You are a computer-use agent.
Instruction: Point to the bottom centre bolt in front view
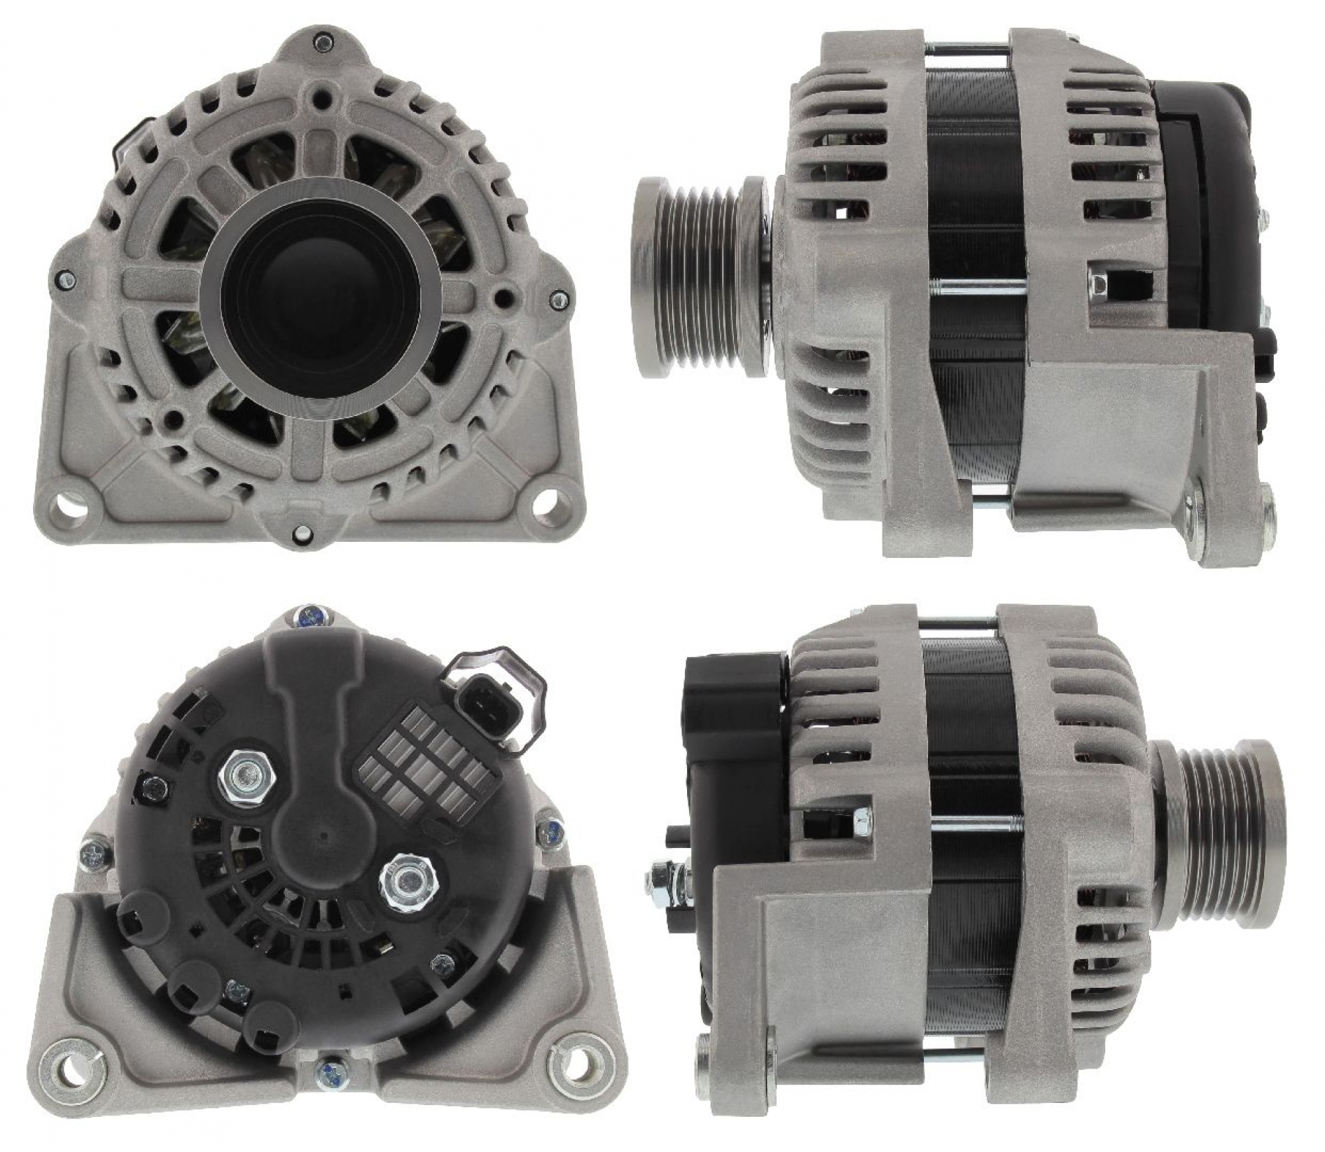(302, 530)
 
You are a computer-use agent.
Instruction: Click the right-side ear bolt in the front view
(556, 299)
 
